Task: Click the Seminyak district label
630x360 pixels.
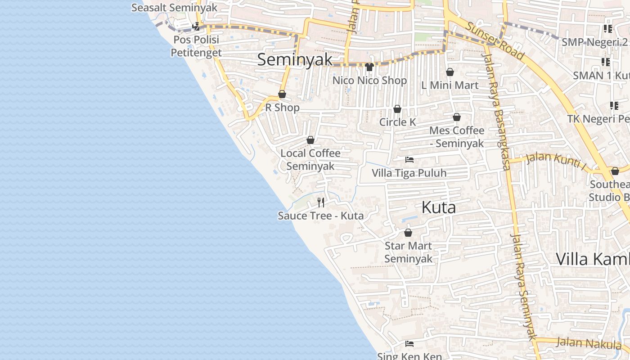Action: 295,59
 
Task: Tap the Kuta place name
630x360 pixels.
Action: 439,207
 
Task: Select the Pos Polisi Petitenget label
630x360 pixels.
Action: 196,46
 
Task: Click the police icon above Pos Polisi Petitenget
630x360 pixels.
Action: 196,27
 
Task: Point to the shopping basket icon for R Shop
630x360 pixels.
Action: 282,94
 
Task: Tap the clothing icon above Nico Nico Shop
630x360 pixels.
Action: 369,67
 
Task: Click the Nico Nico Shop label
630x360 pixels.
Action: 369,81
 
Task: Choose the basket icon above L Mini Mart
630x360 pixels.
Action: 450,72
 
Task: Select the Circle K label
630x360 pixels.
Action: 397,122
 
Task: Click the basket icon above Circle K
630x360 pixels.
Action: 397,109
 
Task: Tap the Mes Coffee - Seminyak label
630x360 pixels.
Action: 457,137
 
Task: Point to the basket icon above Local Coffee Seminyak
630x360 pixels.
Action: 310,140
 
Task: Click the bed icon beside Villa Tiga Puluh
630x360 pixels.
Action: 409,160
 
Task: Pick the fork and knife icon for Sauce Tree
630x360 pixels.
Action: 321,202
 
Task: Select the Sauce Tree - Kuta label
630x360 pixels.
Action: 320,216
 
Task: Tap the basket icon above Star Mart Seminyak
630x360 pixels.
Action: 408,233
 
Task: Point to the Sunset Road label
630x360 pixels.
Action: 495,41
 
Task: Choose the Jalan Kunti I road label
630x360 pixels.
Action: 556,161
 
